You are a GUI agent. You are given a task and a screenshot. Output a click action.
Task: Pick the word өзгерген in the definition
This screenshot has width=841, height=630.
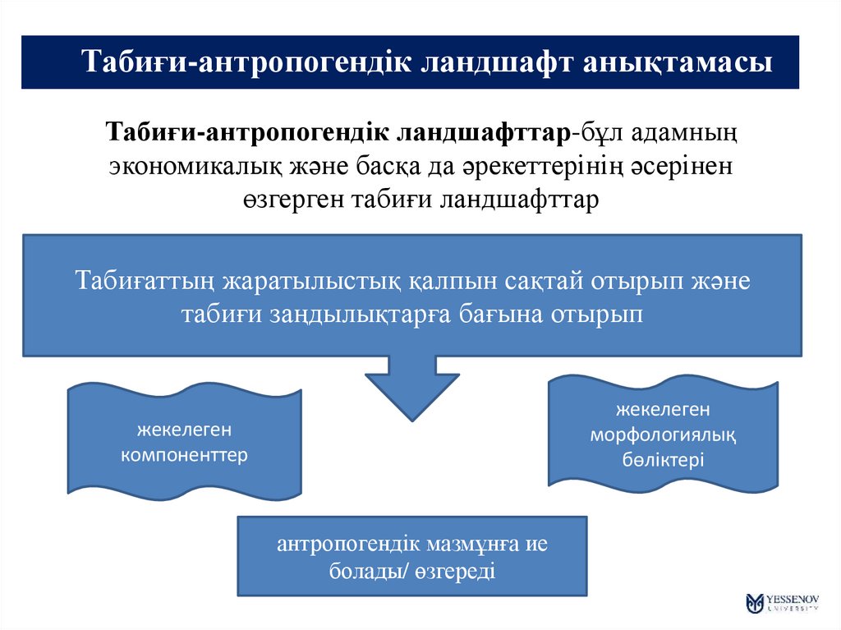(x=292, y=200)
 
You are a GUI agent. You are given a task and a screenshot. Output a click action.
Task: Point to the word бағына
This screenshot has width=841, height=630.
(x=497, y=315)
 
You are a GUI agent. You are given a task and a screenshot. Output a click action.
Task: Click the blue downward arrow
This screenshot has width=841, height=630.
(x=411, y=385)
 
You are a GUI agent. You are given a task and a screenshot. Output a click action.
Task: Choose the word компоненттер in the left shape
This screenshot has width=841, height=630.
(x=184, y=454)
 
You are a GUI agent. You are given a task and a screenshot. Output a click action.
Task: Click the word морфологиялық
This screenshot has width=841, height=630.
(x=662, y=433)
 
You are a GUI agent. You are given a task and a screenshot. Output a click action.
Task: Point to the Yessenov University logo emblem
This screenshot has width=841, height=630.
(x=753, y=603)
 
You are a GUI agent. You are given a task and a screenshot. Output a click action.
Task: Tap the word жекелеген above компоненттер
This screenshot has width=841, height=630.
(x=184, y=429)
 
